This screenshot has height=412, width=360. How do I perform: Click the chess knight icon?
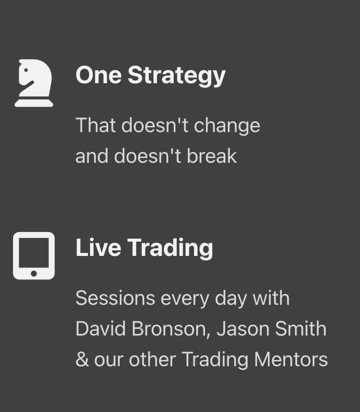coord(34,83)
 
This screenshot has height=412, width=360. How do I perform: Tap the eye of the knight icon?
coord(26,70)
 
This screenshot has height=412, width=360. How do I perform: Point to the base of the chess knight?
coord(34,103)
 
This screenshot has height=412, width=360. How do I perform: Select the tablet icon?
coord(34,255)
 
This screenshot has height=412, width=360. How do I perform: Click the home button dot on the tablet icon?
coord(34,274)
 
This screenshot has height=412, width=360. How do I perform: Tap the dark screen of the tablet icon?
coord(34,252)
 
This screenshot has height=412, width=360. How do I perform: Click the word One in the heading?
coord(98,75)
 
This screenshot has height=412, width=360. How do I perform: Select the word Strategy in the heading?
coord(176,75)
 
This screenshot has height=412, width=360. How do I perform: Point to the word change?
coord(227,126)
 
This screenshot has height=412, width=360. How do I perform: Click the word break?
coord(212,156)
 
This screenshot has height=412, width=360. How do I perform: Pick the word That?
coord(96,125)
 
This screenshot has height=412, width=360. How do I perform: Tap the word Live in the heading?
coord(98,247)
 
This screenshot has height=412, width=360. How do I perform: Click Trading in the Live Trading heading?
coord(170,248)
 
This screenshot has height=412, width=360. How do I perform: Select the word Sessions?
coord(115,298)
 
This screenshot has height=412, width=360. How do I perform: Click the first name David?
coord(100,328)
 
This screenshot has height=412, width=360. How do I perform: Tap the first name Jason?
coord(243,328)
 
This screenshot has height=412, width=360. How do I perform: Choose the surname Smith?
coord(301,328)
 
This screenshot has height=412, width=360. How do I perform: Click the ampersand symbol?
coord(82,359)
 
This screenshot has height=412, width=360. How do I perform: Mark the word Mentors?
coord(291,359)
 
